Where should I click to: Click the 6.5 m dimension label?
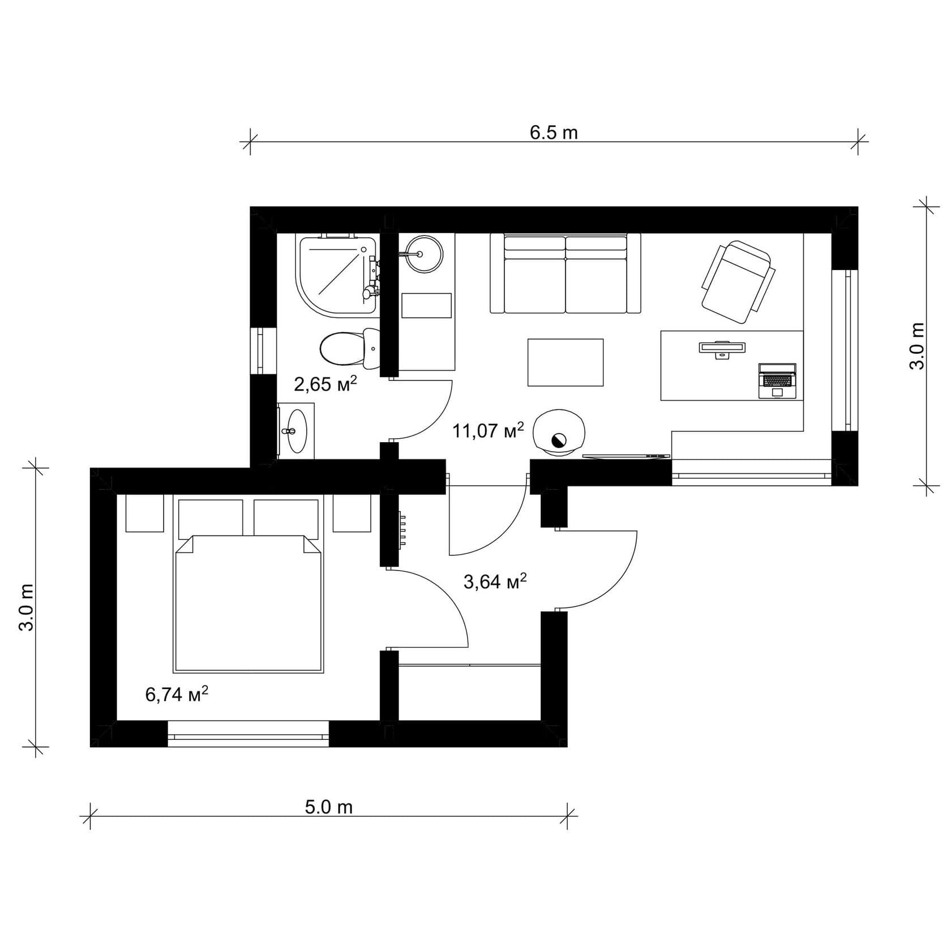coord(553,133)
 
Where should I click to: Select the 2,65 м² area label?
coord(325,384)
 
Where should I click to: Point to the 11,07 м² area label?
coord(487,431)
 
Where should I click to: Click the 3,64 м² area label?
coord(495,581)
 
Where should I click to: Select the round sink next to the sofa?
coord(423,254)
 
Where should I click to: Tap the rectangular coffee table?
coord(565,362)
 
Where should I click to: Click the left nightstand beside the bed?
coord(144,513)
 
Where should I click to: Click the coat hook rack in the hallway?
coord(402,529)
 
